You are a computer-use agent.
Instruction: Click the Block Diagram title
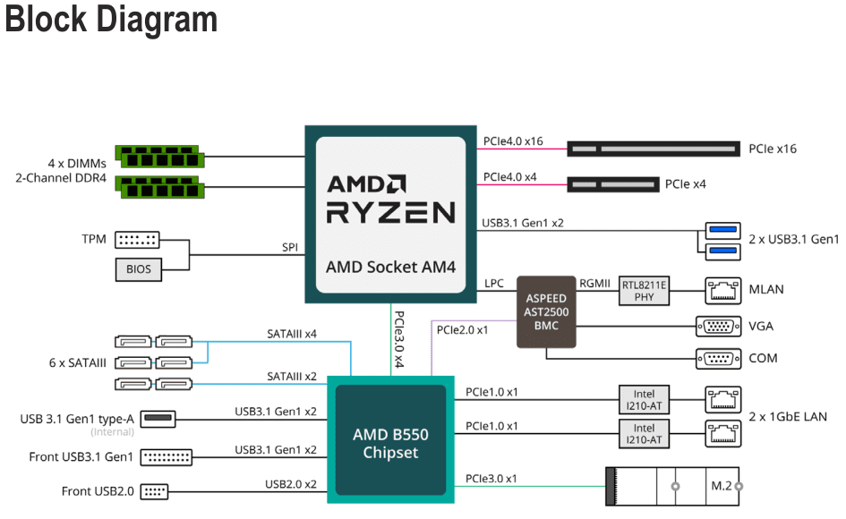pyautogui.click(x=111, y=20)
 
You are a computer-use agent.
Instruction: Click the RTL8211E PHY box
pyautogui.click(x=645, y=291)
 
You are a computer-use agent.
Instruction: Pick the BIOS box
pyautogui.click(x=139, y=268)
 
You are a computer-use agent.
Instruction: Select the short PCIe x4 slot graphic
pyautogui.click(x=609, y=184)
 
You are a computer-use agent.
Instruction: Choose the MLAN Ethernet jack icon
pyautogui.click(x=719, y=290)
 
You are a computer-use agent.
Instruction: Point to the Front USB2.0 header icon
pyautogui.click(x=155, y=490)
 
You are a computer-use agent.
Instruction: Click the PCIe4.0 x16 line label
pyautogui.click(x=513, y=140)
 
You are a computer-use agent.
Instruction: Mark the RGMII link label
pyautogui.click(x=595, y=284)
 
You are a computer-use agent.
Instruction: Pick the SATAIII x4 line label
pyautogui.click(x=292, y=334)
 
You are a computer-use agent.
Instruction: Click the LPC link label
pyautogui.click(x=494, y=284)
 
